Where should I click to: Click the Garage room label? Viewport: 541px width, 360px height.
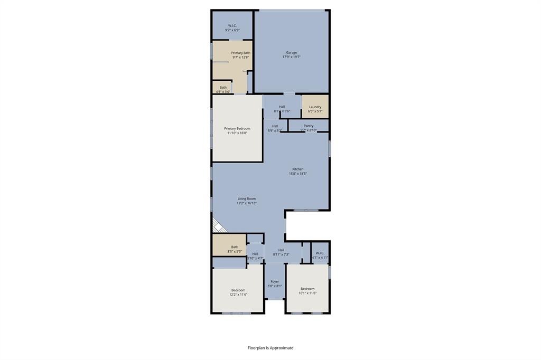click(x=291, y=52)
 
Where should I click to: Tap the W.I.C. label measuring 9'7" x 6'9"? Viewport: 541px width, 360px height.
click(x=232, y=25)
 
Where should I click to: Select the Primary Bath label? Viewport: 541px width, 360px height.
click(x=240, y=53)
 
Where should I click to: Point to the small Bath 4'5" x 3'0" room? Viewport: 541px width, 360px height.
click(x=223, y=89)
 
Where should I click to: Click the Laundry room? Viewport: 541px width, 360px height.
click(x=315, y=107)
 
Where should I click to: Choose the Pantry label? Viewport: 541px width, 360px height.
click(x=309, y=126)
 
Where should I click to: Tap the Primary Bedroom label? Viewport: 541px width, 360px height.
click(x=237, y=128)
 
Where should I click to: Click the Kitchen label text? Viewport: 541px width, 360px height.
click(x=297, y=169)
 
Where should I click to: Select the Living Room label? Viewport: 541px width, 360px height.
click(x=246, y=198)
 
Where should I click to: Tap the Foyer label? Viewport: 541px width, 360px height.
click(x=275, y=281)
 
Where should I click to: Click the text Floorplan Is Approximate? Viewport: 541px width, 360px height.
click(x=270, y=348)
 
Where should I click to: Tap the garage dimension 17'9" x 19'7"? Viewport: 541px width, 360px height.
click(x=291, y=57)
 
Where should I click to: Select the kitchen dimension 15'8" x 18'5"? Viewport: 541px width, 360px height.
click(x=297, y=174)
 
